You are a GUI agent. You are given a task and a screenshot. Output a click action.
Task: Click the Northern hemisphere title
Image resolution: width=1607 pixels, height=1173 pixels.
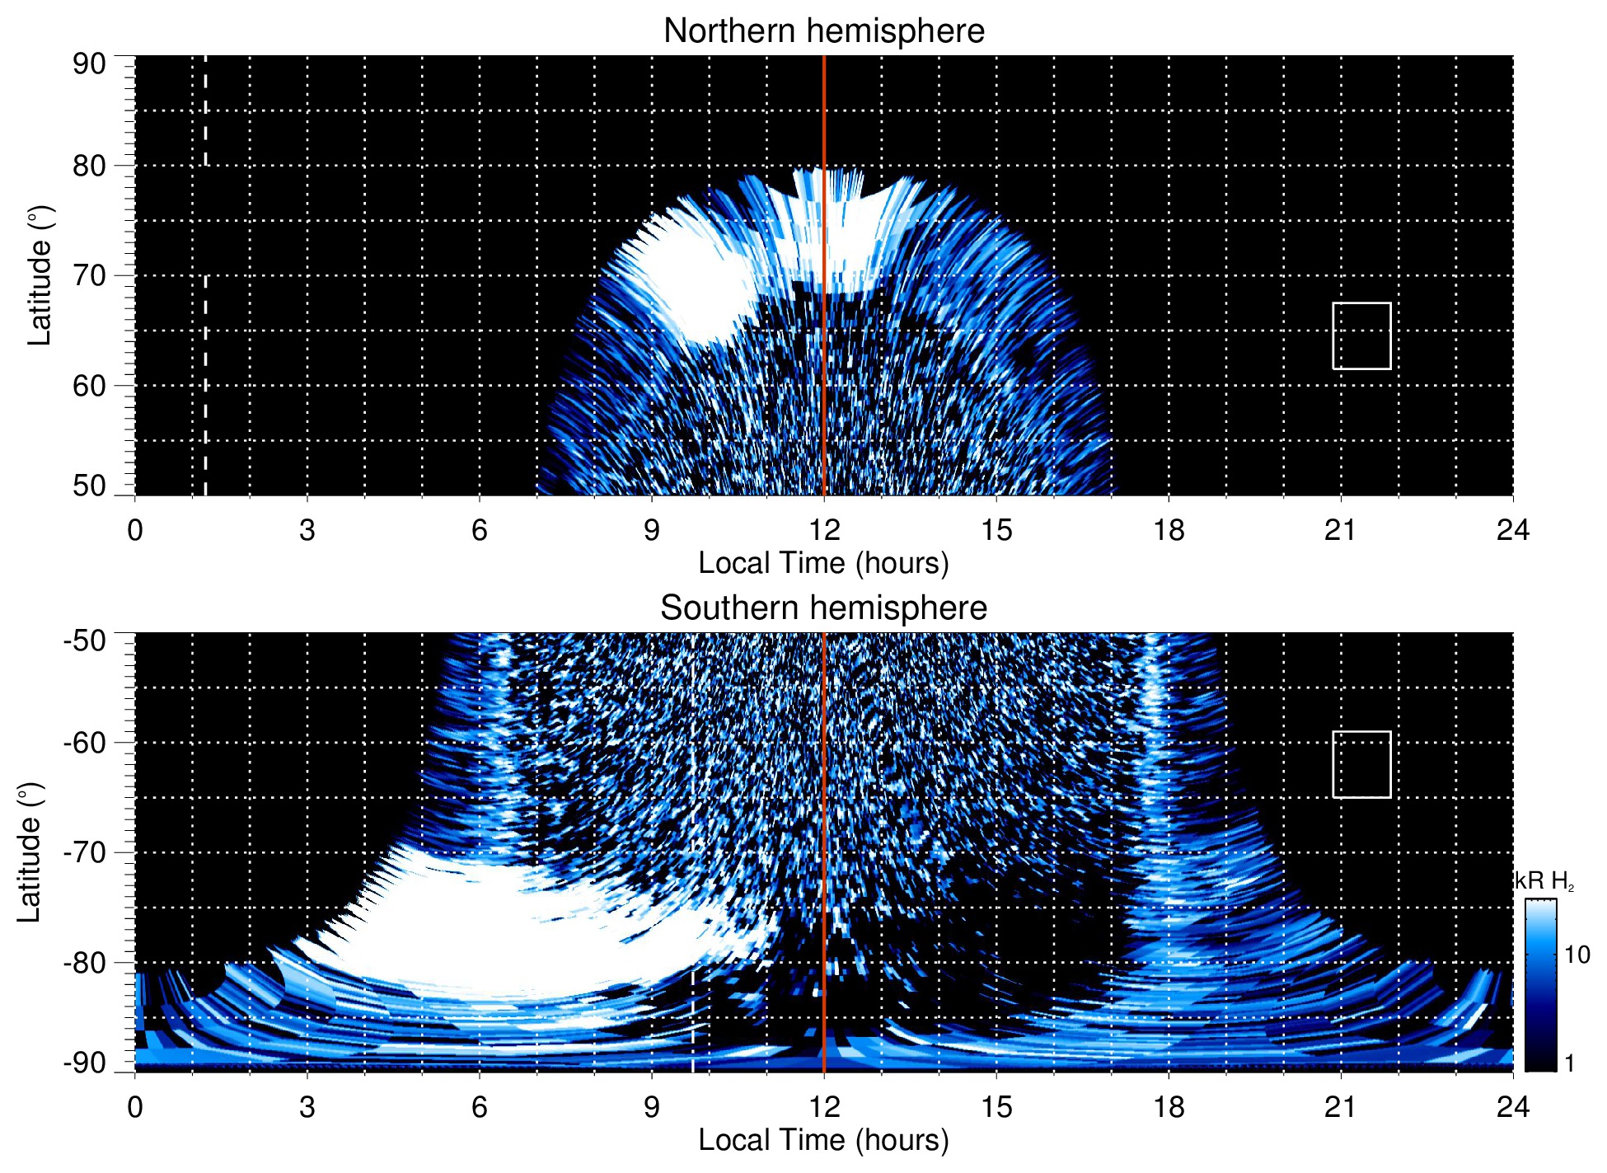tap(823, 31)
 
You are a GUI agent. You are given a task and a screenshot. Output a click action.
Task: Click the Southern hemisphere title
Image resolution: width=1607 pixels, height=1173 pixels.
tap(823, 608)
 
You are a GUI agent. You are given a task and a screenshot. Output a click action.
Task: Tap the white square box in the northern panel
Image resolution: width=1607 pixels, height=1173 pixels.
tap(1361, 335)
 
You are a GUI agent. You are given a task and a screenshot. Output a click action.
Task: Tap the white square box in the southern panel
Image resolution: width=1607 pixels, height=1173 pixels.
tap(1361, 764)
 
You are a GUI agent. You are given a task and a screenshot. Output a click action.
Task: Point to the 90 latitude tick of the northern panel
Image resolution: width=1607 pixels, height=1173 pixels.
tap(89, 64)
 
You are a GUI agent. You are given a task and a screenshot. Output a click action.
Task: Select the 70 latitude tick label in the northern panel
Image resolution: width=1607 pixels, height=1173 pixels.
tap(89, 275)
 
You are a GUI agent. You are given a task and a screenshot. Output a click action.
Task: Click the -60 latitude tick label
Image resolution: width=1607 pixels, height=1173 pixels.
tap(85, 743)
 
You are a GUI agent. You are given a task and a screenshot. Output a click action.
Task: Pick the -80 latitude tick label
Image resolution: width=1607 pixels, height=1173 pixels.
tap(85, 963)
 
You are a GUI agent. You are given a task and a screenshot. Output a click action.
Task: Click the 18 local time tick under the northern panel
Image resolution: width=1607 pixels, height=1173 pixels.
tap(1169, 530)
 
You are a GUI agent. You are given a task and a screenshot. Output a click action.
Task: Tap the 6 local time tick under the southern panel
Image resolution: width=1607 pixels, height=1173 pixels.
tap(479, 1107)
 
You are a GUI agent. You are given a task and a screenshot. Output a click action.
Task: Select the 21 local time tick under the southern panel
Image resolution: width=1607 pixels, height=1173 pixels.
tap(1341, 1107)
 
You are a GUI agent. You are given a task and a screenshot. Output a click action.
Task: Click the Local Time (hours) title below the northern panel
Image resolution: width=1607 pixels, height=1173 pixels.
tap(823, 563)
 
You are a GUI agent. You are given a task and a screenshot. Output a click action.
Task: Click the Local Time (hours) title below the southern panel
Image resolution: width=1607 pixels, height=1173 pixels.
tap(823, 1140)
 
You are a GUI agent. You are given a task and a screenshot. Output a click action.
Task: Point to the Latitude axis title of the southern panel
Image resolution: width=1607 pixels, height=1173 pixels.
tap(29, 852)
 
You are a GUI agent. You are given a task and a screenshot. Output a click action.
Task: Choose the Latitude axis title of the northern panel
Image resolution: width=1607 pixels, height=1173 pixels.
tap(39, 275)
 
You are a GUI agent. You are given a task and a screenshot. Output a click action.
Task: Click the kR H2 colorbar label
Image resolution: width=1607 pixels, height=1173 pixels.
tap(1544, 881)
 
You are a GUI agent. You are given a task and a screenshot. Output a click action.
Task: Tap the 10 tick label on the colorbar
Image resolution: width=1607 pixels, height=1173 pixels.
tap(1577, 955)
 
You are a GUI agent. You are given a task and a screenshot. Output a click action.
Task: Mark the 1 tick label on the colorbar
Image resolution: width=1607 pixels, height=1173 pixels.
tap(1569, 1063)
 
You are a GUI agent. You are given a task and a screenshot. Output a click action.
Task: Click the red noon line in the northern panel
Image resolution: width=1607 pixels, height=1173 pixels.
tap(824, 247)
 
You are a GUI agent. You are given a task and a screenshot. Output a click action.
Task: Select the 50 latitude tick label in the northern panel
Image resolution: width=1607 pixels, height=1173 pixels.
tap(89, 486)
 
